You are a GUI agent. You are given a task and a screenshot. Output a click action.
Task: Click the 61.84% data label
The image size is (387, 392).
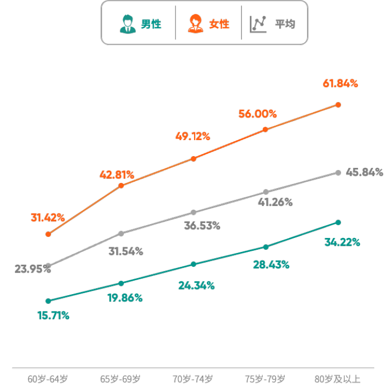340,83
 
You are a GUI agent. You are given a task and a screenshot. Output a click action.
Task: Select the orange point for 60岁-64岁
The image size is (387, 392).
49,234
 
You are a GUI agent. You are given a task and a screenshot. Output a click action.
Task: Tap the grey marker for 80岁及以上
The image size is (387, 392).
338,173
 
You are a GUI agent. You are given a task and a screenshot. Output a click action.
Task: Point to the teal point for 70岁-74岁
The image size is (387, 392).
193,264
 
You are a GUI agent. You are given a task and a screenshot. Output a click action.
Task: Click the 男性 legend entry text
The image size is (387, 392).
151,24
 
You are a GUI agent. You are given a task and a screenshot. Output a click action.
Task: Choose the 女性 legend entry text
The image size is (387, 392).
219,24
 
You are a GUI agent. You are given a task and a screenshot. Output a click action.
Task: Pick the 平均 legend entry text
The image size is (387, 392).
284,24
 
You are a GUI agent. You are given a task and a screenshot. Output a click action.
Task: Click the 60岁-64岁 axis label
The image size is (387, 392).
48,380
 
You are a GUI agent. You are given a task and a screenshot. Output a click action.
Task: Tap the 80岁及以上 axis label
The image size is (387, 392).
338,380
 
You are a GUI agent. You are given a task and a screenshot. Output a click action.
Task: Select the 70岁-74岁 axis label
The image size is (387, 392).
192,380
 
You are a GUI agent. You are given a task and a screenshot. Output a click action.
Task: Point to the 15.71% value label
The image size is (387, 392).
53,316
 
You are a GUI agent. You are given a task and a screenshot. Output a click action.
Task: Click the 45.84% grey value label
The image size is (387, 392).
364,172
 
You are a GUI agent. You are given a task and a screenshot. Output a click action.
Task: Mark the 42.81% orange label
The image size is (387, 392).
117,175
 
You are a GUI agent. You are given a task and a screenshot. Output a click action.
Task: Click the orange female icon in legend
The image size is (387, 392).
195,24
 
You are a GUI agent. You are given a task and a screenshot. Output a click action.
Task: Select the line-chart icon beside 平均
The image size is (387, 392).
258,24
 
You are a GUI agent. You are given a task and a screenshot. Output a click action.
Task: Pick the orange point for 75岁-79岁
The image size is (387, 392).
265,129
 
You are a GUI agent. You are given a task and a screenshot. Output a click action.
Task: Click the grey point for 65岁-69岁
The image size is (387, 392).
121,233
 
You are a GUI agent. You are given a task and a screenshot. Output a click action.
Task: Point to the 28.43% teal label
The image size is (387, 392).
271,265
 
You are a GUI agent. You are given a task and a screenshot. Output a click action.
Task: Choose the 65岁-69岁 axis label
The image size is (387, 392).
120,380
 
